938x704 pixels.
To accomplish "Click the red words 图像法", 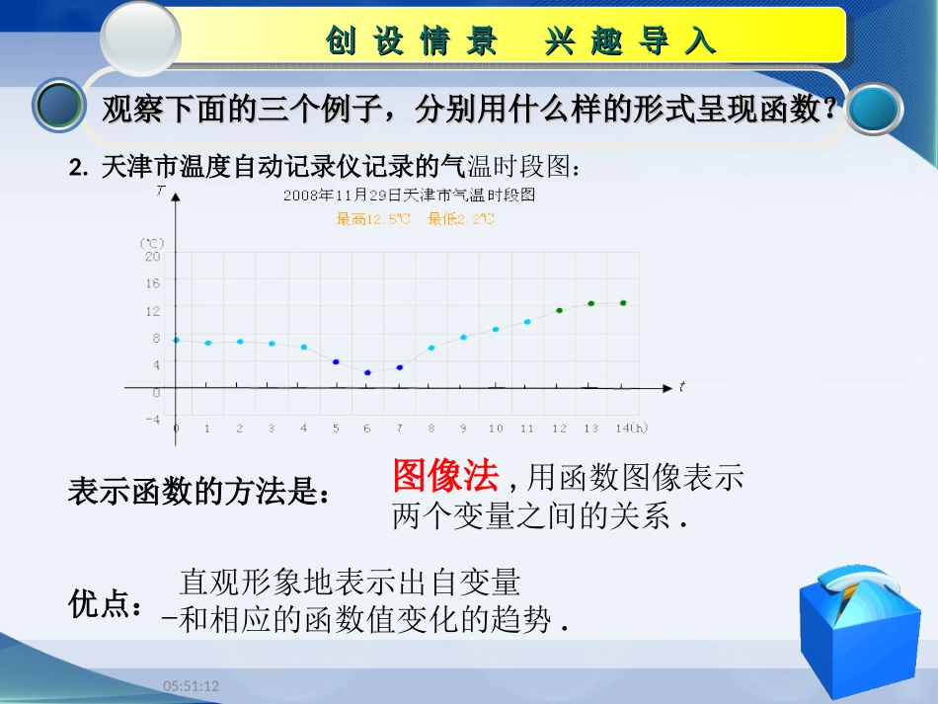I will pyautogui.click(x=445, y=476).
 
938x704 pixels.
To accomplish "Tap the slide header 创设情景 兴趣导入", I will pyautogui.click(x=519, y=40).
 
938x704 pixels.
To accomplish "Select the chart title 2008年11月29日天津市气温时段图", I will pyautogui.click(x=409, y=196).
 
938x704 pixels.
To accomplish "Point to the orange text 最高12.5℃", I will pyautogui.click(x=374, y=219).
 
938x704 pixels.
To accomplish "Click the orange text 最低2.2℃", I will pyautogui.click(x=461, y=219).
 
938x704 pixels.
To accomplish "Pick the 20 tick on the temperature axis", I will pyautogui.click(x=152, y=256).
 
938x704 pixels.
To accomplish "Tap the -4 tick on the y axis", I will pyautogui.click(x=152, y=419).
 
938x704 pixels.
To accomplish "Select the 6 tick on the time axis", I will pyautogui.click(x=367, y=428).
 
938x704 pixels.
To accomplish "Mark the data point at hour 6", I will pyautogui.click(x=367, y=372).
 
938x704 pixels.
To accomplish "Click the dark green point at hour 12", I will pyautogui.click(x=559, y=310).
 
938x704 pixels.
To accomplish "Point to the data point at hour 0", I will pyautogui.click(x=177, y=340).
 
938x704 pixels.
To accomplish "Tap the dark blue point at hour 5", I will pyautogui.click(x=336, y=362).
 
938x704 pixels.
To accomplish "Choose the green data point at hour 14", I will pyautogui.click(x=623, y=303).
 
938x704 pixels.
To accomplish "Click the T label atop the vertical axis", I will pyautogui.click(x=160, y=192).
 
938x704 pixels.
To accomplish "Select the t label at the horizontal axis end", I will pyautogui.click(x=681, y=386).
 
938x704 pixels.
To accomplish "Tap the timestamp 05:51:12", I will pyautogui.click(x=191, y=685).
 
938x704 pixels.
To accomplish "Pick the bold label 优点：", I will pyautogui.click(x=106, y=604).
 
